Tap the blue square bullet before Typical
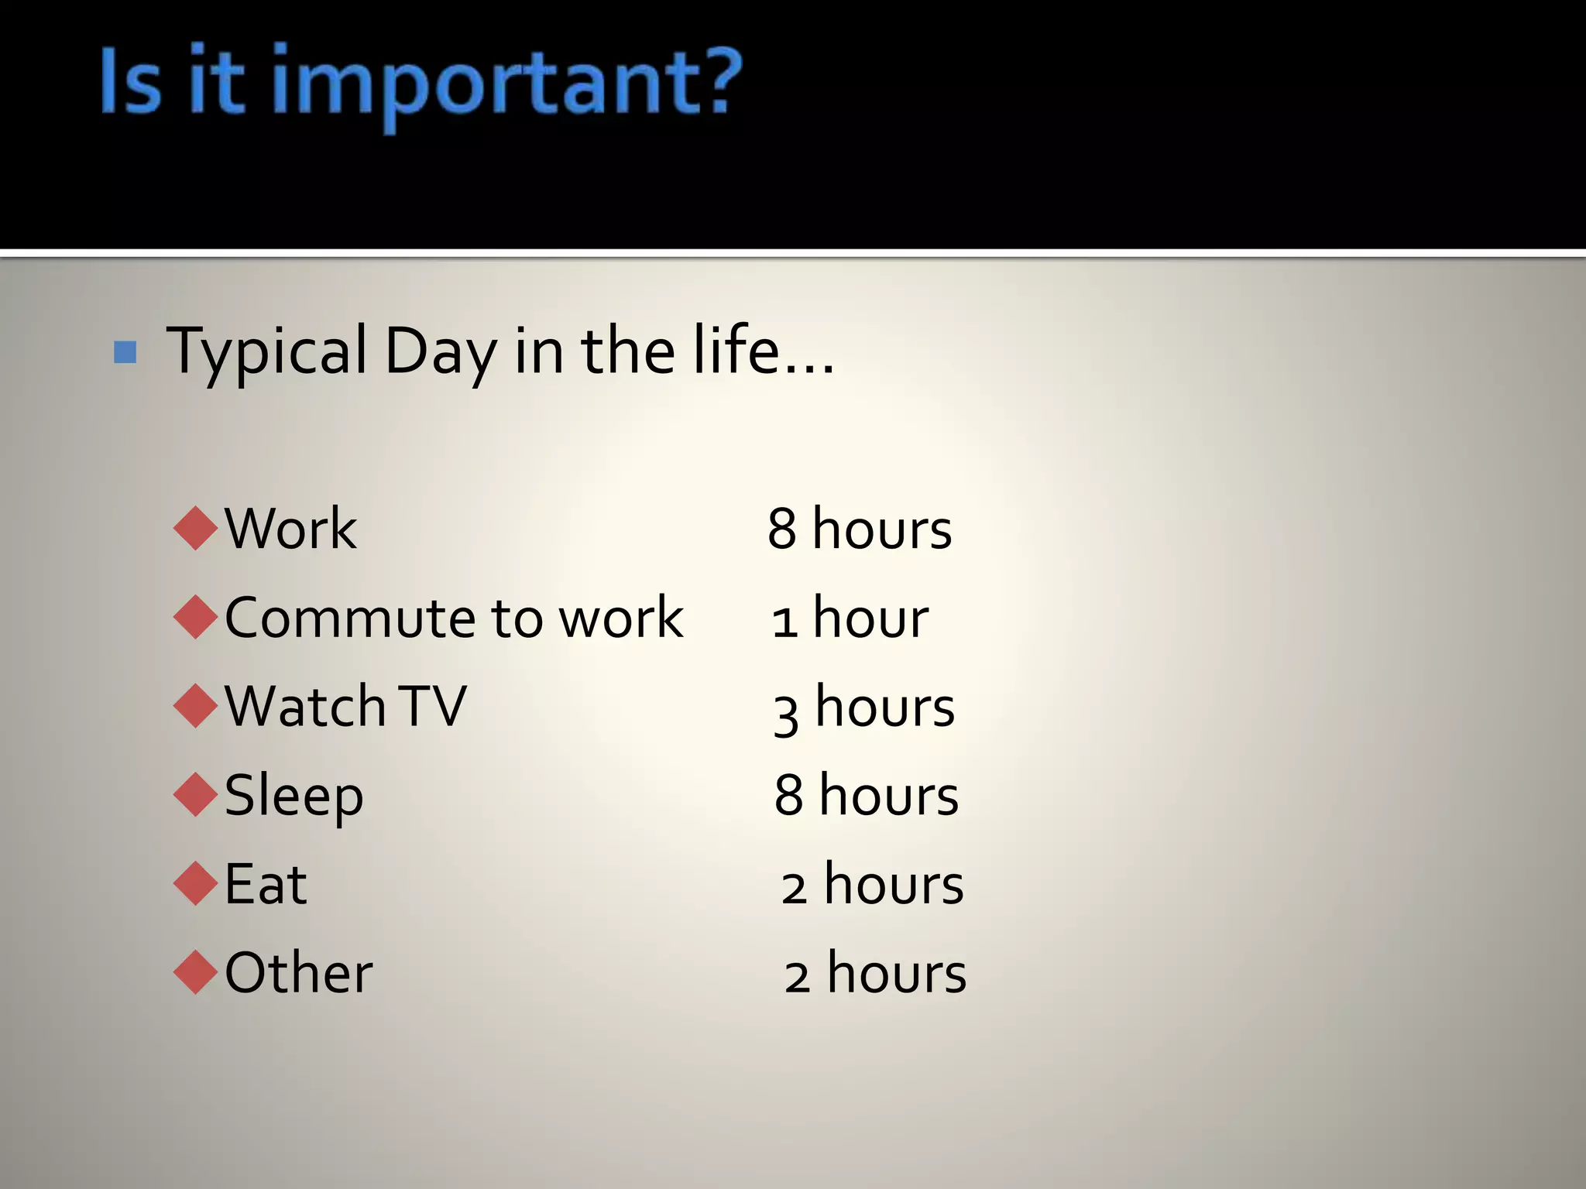point(125,352)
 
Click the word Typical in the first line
point(266,352)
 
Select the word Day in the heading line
point(440,352)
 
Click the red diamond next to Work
point(196,529)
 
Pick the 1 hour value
point(850,618)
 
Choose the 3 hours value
point(863,708)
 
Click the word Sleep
point(294,796)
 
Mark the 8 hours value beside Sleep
point(866,796)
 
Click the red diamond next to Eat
point(196,884)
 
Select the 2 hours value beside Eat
point(872,885)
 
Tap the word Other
point(298,972)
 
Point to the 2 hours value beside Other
point(875,973)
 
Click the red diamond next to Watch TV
point(196,706)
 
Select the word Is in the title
point(131,81)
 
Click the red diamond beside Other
point(196,972)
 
